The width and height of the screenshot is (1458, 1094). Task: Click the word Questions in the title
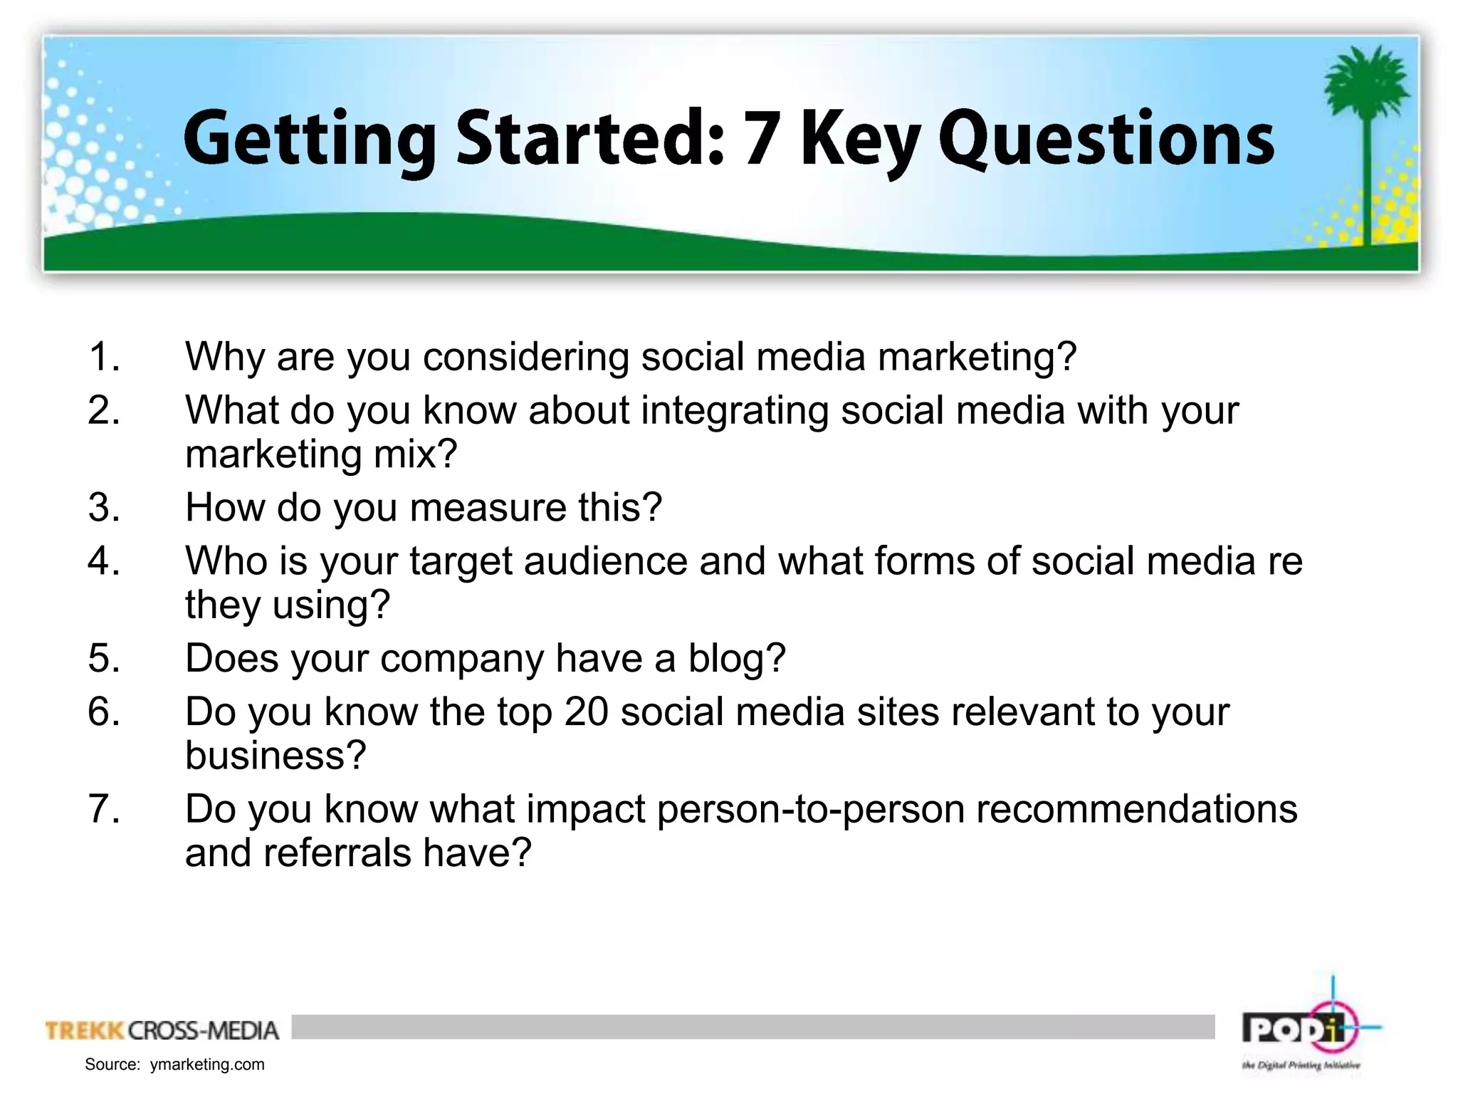coord(1106,140)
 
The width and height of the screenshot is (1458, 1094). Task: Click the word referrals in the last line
coord(337,853)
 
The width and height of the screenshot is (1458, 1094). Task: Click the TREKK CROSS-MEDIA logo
coord(162,1030)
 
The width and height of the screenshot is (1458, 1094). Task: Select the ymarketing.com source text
coord(206,1064)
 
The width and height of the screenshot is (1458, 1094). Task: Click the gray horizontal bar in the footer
coord(752,1026)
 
